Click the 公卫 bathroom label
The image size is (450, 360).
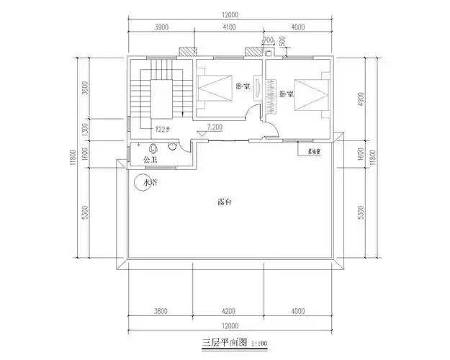coord(149,160)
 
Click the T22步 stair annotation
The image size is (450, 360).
coord(162,130)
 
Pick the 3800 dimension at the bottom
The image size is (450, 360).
coord(161,312)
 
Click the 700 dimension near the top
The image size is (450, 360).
coord(268,39)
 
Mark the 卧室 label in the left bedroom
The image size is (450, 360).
coord(243,86)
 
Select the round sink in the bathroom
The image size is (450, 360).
coord(172,148)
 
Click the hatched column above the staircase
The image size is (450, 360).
coord(188,53)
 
